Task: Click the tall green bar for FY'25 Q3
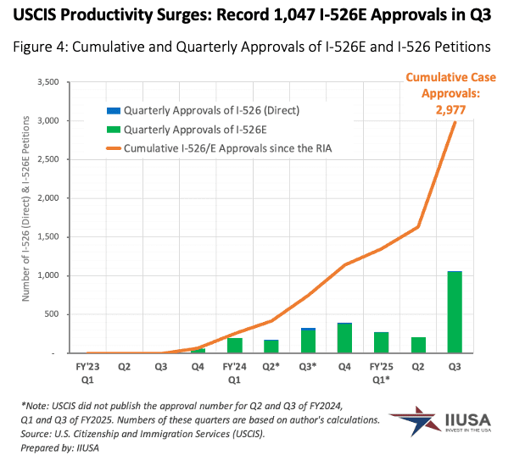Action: [455, 313]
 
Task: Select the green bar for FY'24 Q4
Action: [344, 338]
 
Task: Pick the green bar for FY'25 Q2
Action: [418, 345]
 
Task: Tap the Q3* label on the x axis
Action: [308, 369]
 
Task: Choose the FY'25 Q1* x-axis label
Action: [382, 374]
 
